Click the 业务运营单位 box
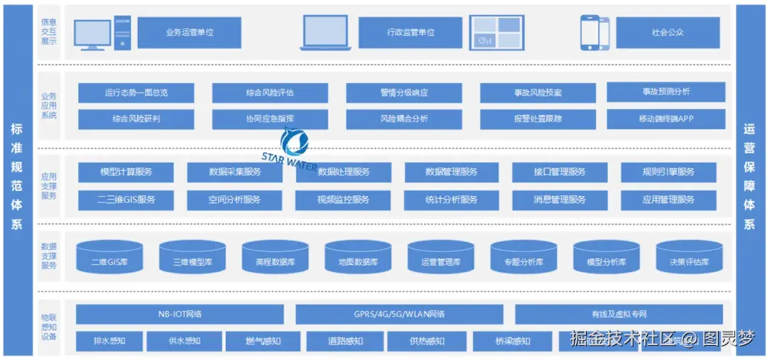click(189, 32)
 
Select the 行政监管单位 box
click(410, 32)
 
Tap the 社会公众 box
click(668, 32)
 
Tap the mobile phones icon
click(595, 33)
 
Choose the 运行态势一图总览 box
click(136, 92)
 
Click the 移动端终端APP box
click(665, 119)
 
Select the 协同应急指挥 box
click(270, 119)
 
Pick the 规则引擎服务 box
click(668, 172)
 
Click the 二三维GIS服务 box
click(126, 200)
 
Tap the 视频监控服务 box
click(343, 200)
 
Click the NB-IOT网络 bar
click(180, 314)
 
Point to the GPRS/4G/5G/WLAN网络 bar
click(399, 314)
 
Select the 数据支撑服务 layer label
click(49, 256)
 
